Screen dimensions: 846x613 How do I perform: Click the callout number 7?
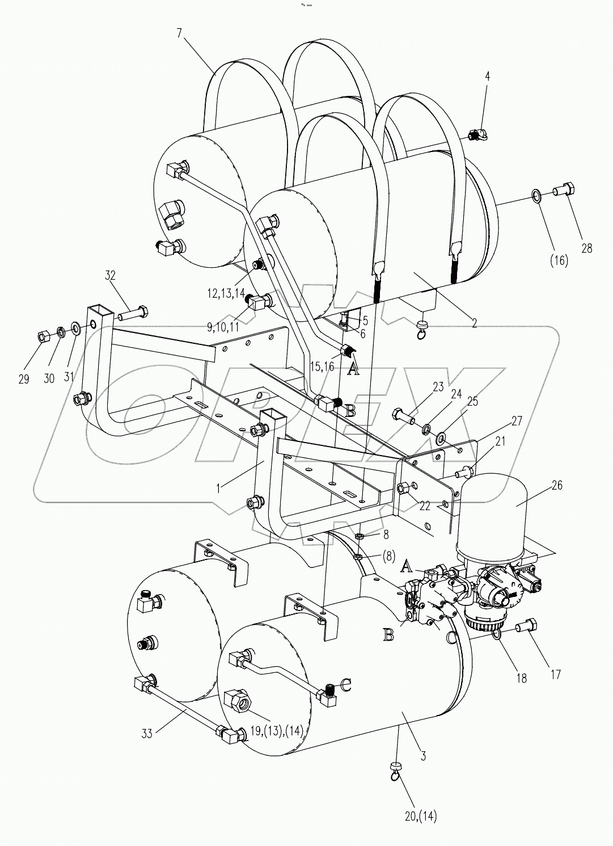179,33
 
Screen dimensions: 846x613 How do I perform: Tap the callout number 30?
49,378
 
